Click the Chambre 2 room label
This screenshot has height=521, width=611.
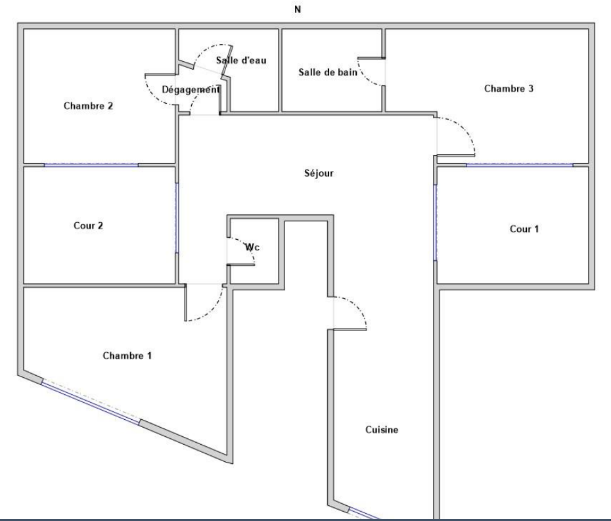(88, 106)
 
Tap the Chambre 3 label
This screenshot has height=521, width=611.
(509, 89)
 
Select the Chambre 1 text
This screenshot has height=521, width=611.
(127, 355)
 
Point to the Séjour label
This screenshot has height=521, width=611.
(319, 173)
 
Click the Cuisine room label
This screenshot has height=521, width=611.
(382, 430)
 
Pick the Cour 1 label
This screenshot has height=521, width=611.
(524, 229)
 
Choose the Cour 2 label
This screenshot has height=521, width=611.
(89, 225)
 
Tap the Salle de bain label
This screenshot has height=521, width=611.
(328, 72)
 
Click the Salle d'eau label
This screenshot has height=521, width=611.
(241, 60)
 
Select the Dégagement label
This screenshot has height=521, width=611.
(191, 89)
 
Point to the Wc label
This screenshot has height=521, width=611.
(252, 247)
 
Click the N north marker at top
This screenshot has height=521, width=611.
(298, 9)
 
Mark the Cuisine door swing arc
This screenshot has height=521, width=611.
(357, 306)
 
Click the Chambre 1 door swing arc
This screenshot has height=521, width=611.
(212, 311)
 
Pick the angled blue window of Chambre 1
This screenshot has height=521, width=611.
(91, 403)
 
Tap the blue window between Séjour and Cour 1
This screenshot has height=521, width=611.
(436, 223)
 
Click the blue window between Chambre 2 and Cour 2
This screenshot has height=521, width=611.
(91, 165)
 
